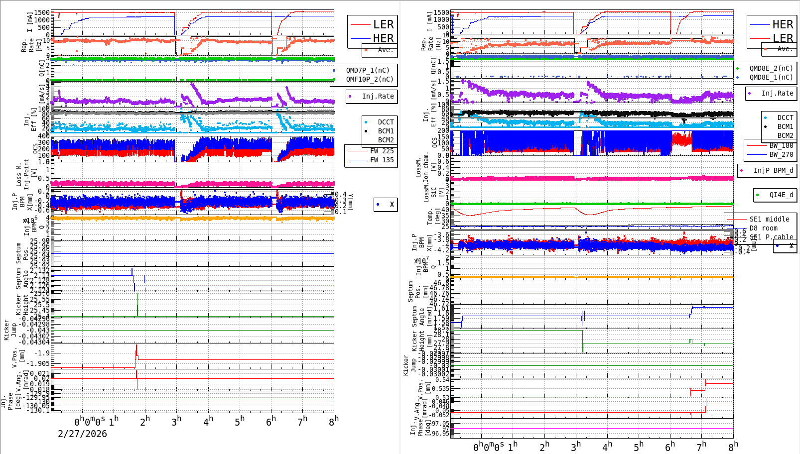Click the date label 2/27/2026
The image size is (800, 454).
tap(82, 434)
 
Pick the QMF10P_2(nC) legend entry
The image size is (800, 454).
tap(369, 79)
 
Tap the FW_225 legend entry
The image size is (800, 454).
tap(382, 151)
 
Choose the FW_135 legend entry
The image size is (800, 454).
tap(382, 160)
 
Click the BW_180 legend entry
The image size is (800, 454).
tap(781, 145)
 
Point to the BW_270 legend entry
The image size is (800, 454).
tap(781, 154)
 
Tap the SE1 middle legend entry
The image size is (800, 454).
tap(769, 219)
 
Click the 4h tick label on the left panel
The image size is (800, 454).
tap(208, 421)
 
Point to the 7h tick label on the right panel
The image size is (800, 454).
tap(701, 446)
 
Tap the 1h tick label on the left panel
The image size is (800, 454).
tap(114, 421)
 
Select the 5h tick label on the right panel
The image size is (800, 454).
tap(639, 446)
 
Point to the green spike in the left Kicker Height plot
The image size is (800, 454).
tap(137, 305)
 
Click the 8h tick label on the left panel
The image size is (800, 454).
tap(334, 421)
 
